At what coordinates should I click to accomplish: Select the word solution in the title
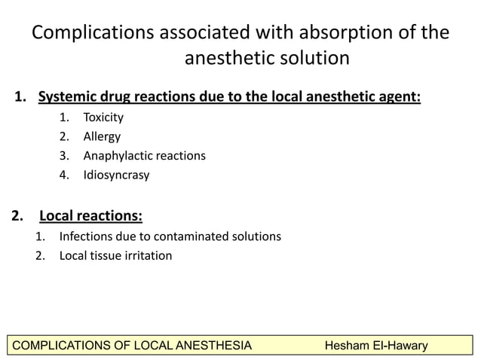pyautogui.click(x=311, y=59)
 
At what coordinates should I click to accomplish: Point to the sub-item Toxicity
pyautogui.click(x=103, y=117)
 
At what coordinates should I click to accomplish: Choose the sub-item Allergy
pyautogui.click(x=102, y=137)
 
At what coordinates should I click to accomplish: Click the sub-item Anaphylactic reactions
pyautogui.click(x=144, y=156)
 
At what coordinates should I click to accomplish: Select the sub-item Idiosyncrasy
pyautogui.click(x=116, y=175)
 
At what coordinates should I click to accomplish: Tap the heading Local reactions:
pyautogui.click(x=90, y=217)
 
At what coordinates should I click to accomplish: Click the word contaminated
pyautogui.click(x=179, y=236)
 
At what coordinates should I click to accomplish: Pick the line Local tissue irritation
pyautogui.click(x=115, y=256)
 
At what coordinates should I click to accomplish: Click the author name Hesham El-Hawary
pyautogui.click(x=375, y=346)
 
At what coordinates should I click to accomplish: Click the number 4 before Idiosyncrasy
pyautogui.click(x=65, y=175)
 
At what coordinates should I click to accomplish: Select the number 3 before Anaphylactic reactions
pyautogui.click(x=65, y=156)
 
